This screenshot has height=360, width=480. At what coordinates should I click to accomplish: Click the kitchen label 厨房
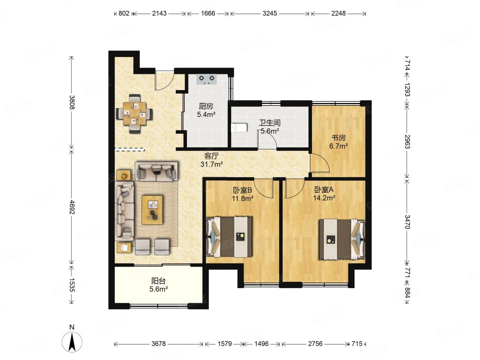click(x=206, y=106)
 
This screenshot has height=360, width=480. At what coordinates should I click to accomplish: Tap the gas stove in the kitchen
click(x=207, y=79)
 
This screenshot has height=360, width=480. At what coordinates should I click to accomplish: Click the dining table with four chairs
click(x=134, y=114)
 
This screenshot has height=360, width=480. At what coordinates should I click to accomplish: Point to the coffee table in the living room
click(x=152, y=210)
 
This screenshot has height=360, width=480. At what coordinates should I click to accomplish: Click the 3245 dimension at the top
click(x=270, y=14)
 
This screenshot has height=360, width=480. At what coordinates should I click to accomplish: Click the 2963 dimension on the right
click(x=407, y=142)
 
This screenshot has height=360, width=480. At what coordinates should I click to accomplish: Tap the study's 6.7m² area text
click(x=338, y=146)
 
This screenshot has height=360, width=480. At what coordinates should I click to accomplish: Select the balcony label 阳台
click(x=159, y=281)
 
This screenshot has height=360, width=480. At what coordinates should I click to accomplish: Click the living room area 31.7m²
click(x=212, y=164)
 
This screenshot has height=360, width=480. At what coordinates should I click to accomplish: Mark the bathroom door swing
click(x=267, y=140)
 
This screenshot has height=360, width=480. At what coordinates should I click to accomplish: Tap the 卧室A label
click(x=324, y=189)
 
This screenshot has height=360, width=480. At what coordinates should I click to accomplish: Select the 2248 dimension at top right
click(x=338, y=14)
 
